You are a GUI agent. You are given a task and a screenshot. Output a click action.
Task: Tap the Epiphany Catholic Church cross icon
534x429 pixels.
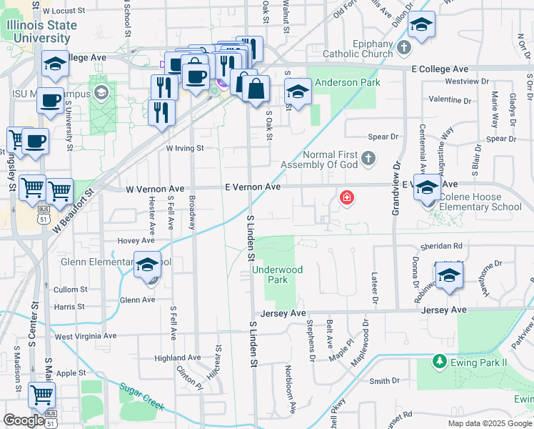(x=405, y=48)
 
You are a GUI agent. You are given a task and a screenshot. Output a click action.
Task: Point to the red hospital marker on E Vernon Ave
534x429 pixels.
(x=347, y=197)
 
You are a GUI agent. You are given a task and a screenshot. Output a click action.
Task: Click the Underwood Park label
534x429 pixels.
(x=278, y=275)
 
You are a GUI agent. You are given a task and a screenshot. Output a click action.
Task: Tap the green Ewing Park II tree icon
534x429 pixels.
(x=440, y=363)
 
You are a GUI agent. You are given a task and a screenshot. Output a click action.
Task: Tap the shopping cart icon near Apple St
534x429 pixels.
(x=41, y=394)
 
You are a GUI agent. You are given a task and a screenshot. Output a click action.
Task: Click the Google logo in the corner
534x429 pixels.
(x=24, y=420)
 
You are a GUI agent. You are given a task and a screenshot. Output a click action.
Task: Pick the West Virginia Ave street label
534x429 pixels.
(x=86, y=335)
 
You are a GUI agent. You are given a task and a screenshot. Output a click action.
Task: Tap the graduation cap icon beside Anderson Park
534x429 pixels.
(x=298, y=92)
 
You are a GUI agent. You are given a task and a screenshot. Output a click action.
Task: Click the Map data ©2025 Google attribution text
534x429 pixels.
(x=489, y=423)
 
